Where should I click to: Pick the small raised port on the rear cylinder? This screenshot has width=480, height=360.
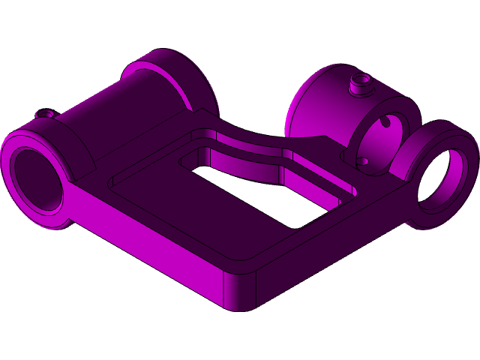click(x=361, y=81)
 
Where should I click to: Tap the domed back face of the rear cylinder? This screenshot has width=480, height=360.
click(x=307, y=112)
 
